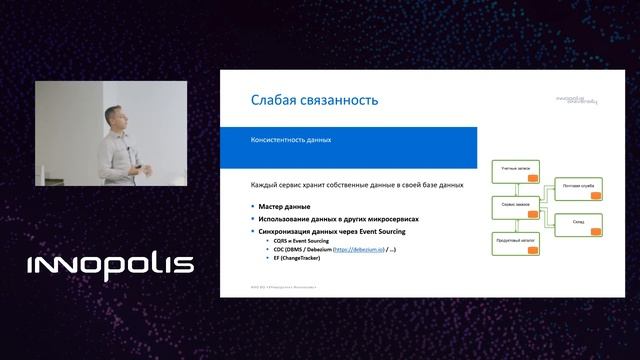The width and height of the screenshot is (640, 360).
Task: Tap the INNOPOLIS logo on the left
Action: tap(110, 266)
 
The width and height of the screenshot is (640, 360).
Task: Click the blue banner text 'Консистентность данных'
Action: tap(290, 140)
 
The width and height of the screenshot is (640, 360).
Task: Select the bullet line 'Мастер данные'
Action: tap(279, 206)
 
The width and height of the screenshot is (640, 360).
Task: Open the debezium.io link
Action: tap(367, 249)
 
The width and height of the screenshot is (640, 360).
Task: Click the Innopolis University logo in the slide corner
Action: tap(577, 100)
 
